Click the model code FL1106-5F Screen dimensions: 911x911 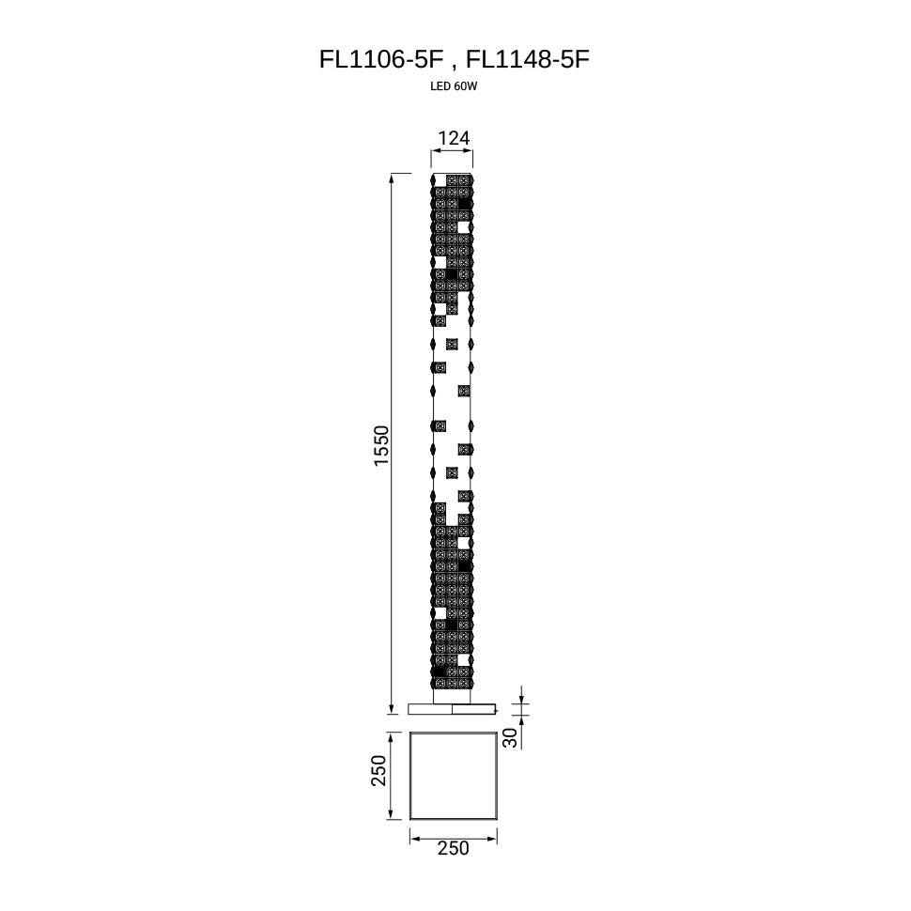click(381, 59)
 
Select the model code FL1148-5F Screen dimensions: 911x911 click(528, 59)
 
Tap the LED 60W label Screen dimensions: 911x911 click(454, 86)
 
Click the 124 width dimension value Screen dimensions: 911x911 click(454, 138)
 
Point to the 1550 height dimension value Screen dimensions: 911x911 click(381, 445)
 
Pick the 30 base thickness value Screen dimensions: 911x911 click(510, 738)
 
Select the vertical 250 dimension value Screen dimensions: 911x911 click(378, 770)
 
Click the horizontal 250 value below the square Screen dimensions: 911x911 click(454, 849)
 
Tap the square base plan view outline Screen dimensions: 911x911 click(409, 776)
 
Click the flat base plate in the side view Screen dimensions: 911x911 click(452, 709)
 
